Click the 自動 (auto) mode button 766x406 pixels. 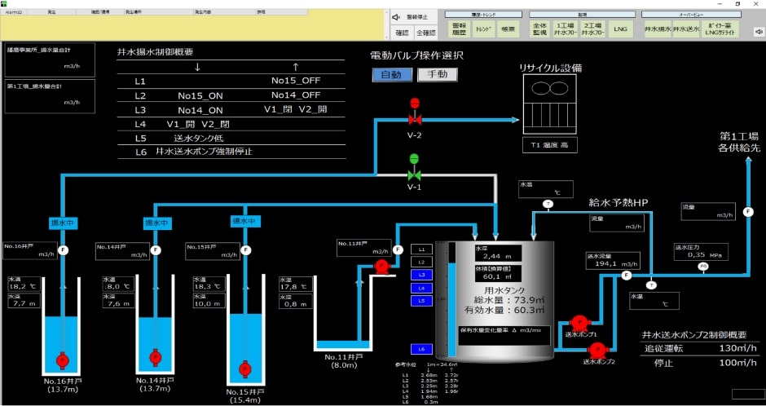(x=391, y=75)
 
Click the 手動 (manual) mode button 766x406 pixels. (x=438, y=75)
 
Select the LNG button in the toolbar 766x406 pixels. (x=621, y=29)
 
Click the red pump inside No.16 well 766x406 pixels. (x=62, y=360)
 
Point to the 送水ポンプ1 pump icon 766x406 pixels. (x=579, y=321)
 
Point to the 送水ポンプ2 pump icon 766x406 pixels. (x=597, y=350)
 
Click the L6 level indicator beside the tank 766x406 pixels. (x=421, y=349)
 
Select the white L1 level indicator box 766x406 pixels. (x=421, y=249)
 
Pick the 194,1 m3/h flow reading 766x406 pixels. (x=611, y=264)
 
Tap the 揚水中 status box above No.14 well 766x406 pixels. (x=156, y=223)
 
